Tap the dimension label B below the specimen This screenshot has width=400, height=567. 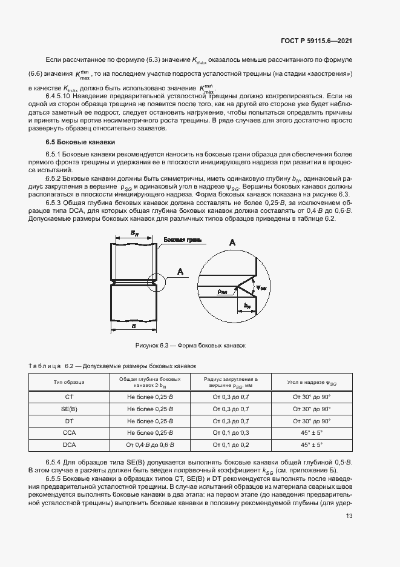[132, 326]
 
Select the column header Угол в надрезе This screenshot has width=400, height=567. [312, 382]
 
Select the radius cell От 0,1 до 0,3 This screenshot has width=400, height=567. [231, 433]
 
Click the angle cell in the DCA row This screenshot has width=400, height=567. [312, 445]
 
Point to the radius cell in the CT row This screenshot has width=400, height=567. [231, 397]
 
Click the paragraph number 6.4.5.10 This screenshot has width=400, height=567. [60, 96]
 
